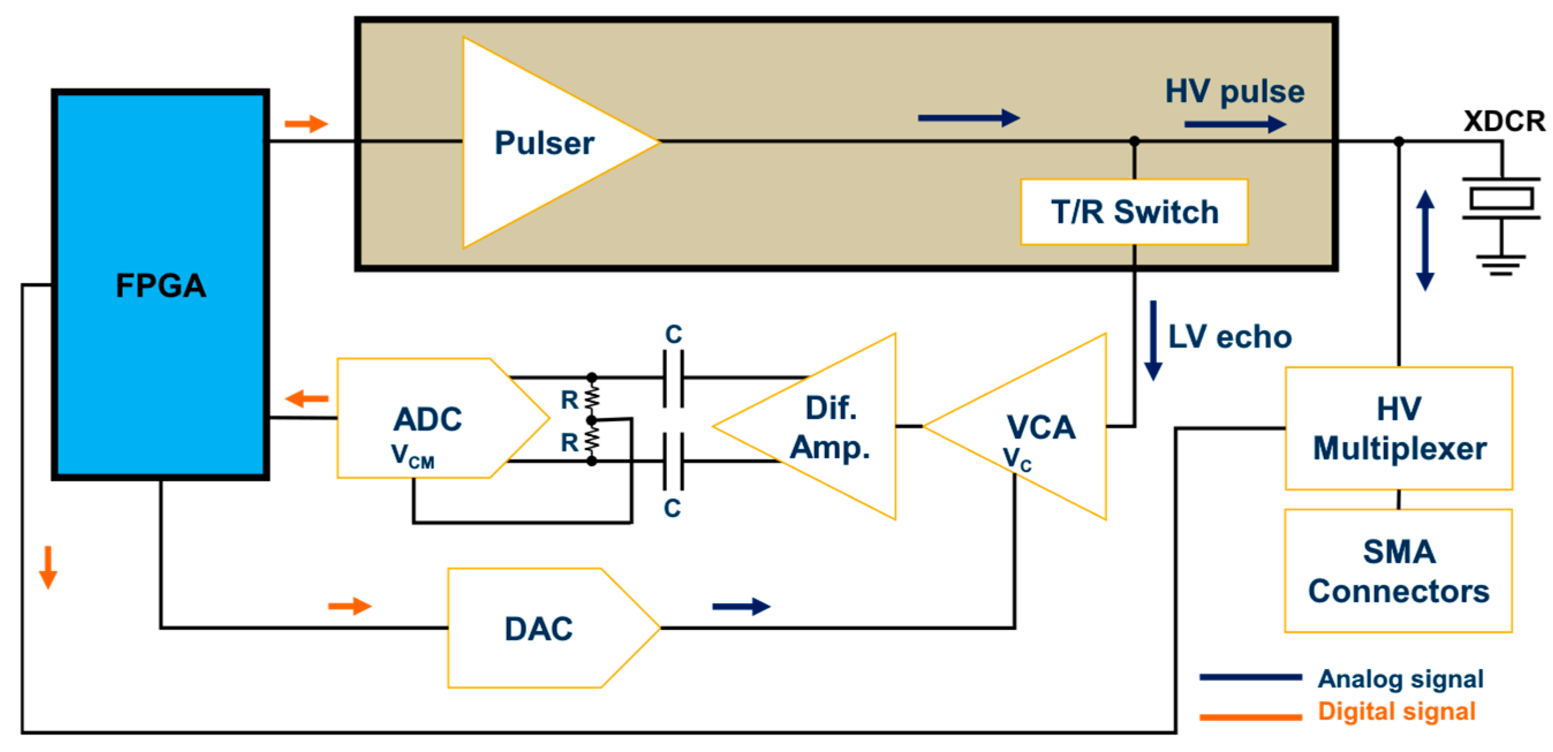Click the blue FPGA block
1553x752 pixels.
(x=160, y=284)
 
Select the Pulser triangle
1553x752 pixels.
(x=543, y=143)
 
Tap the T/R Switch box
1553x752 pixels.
(x=1134, y=211)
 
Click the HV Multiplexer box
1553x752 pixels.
(x=1399, y=428)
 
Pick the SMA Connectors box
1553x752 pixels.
(x=1399, y=571)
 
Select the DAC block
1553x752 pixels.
(x=539, y=628)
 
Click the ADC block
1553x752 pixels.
(x=428, y=419)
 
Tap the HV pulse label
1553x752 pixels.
(x=1234, y=92)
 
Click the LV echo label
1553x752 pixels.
(x=1230, y=336)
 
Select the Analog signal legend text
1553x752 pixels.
(x=1400, y=678)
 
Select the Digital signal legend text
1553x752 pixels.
(x=1396, y=711)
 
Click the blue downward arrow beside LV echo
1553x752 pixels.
(x=1153, y=340)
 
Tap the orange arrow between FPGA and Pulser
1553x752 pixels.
(x=306, y=124)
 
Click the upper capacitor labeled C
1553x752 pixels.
(x=673, y=378)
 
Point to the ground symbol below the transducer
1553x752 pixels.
(x=1501, y=264)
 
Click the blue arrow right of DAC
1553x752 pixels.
(x=741, y=606)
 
